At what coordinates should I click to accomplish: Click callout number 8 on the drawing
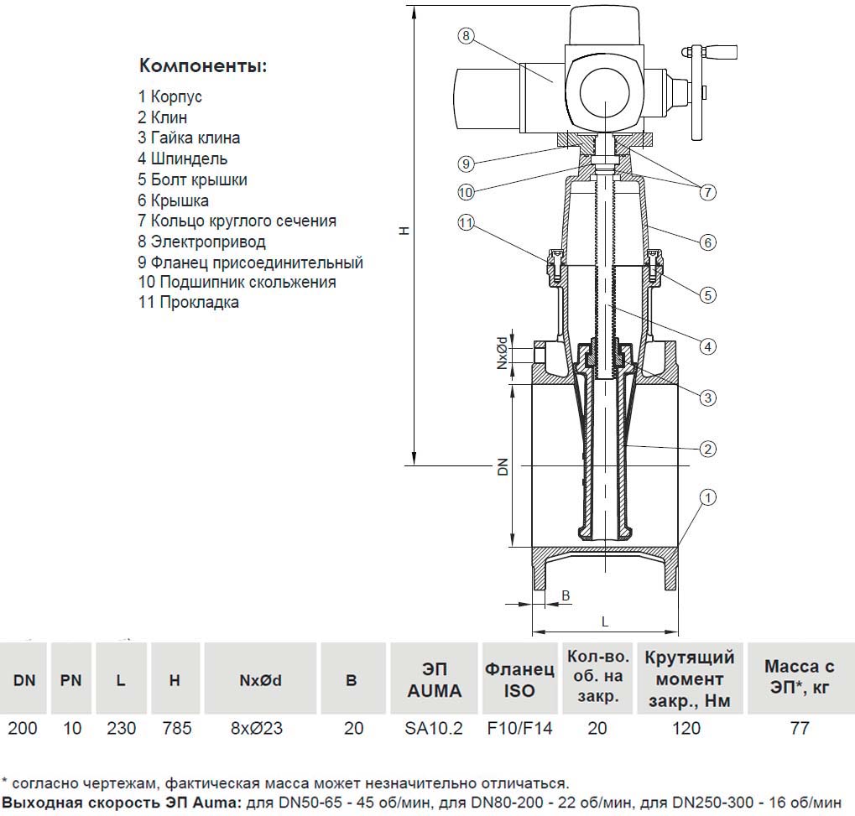(x=467, y=35)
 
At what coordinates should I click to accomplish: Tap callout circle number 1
(x=707, y=498)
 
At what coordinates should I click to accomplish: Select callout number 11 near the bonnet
(x=467, y=222)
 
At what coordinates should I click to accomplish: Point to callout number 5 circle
(x=708, y=294)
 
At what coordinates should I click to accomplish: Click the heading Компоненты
(x=202, y=66)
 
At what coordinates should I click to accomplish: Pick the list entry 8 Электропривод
(x=201, y=242)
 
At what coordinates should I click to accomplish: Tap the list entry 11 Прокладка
(x=189, y=303)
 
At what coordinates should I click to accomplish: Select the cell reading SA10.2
(x=434, y=728)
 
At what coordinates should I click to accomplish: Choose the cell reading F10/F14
(x=520, y=728)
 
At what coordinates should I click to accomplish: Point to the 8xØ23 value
(x=256, y=728)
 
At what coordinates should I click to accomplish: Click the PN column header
(x=71, y=680)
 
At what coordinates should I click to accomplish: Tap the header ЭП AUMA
(x=434, y=680)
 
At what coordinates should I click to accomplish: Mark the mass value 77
(x=800, y=728)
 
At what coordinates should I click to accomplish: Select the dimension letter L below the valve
(x=605, y=621)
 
